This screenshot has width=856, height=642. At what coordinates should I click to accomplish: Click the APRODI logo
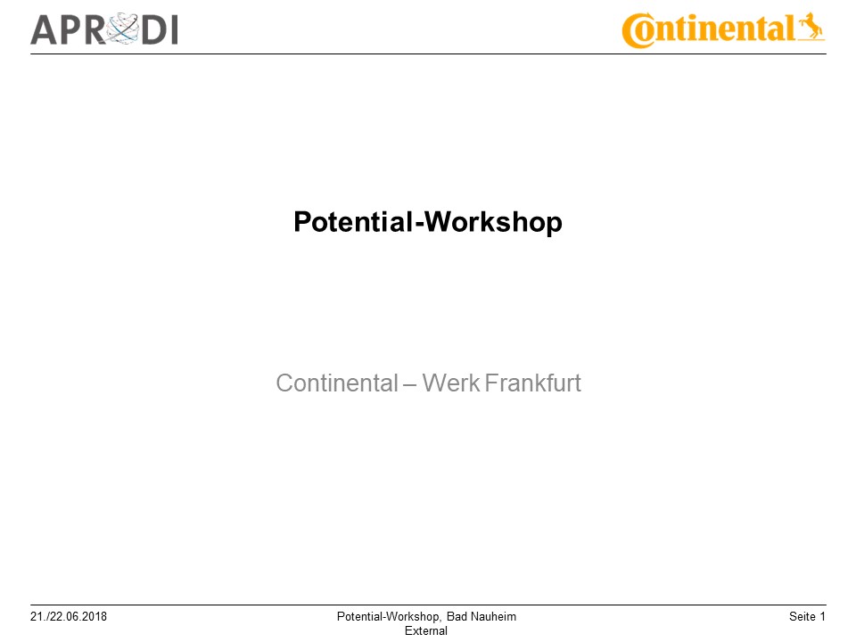(x=104, y=29)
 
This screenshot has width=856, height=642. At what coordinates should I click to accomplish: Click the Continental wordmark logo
(x=723, y=29)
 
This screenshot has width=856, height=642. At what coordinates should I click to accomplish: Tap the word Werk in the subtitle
(x=450, y=383)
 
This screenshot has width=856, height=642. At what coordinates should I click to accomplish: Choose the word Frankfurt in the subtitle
(x=534, y=383)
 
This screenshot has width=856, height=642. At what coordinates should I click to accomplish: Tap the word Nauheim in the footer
(x=493, y=617)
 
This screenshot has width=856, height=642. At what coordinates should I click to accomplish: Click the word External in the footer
(x=426, y=630)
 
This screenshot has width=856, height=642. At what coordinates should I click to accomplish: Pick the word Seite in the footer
(x=802, y=617)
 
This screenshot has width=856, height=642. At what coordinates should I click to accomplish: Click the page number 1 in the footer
(x=823, y=617)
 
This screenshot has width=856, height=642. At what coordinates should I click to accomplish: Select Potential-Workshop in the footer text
(x=389, y=617)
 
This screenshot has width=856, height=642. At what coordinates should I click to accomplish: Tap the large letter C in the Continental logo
(x=638, y=32)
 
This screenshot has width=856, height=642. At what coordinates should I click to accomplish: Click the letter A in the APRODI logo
(x=45, y=30)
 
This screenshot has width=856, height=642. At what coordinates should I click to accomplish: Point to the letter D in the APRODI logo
(x=150, y=30)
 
